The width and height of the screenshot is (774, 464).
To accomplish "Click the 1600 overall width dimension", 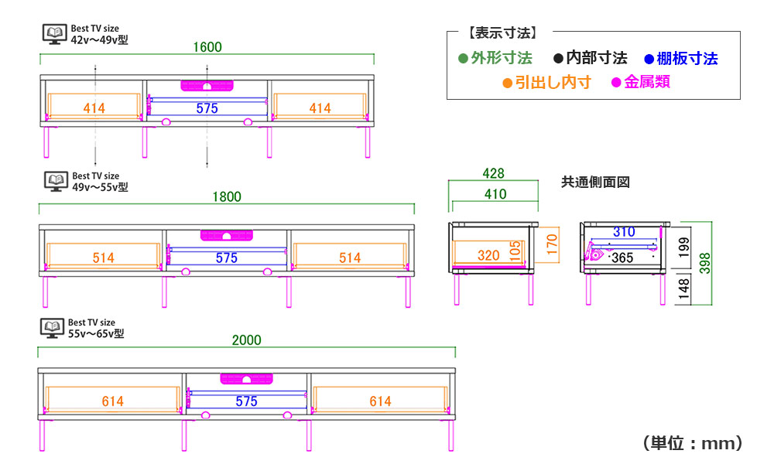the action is tap(207, 47).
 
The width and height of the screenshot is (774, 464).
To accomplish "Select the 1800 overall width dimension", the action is tap(227, 196).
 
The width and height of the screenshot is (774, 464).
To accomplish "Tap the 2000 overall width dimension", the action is tap(246, 340).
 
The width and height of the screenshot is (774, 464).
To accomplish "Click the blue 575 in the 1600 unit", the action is tap(207, 108).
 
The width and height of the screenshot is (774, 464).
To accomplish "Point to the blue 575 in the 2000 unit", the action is tap(246, 401).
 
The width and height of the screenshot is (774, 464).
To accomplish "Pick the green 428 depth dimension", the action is tap(493, 173).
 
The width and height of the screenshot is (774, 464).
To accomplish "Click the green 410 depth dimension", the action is tap(495, 194).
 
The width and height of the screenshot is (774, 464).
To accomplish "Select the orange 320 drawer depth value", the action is tap(488, 255).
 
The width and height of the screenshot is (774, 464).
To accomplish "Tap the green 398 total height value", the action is tap(705, 263).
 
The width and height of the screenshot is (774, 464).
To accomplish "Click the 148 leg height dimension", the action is tap(683, 288).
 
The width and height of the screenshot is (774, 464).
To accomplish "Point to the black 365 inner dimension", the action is tap(622, 258).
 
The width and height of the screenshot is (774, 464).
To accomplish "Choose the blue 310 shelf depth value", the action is tap(624, 232).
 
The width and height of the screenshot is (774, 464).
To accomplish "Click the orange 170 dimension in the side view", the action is tap(552, 244).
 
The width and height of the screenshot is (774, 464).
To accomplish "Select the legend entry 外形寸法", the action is tap(495, 58).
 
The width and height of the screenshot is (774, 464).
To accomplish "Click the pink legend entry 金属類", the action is tap(641, 82).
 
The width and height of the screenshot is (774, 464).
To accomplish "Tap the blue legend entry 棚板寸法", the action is tap(681, 59).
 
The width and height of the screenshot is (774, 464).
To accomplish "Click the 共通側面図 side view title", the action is tap(595, 183).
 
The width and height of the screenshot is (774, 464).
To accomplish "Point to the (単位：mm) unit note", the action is tap(693, 443).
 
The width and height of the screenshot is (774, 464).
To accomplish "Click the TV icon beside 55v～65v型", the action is tap(53, 329).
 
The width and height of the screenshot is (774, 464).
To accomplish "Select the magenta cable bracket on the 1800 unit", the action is tap(227, 235).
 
